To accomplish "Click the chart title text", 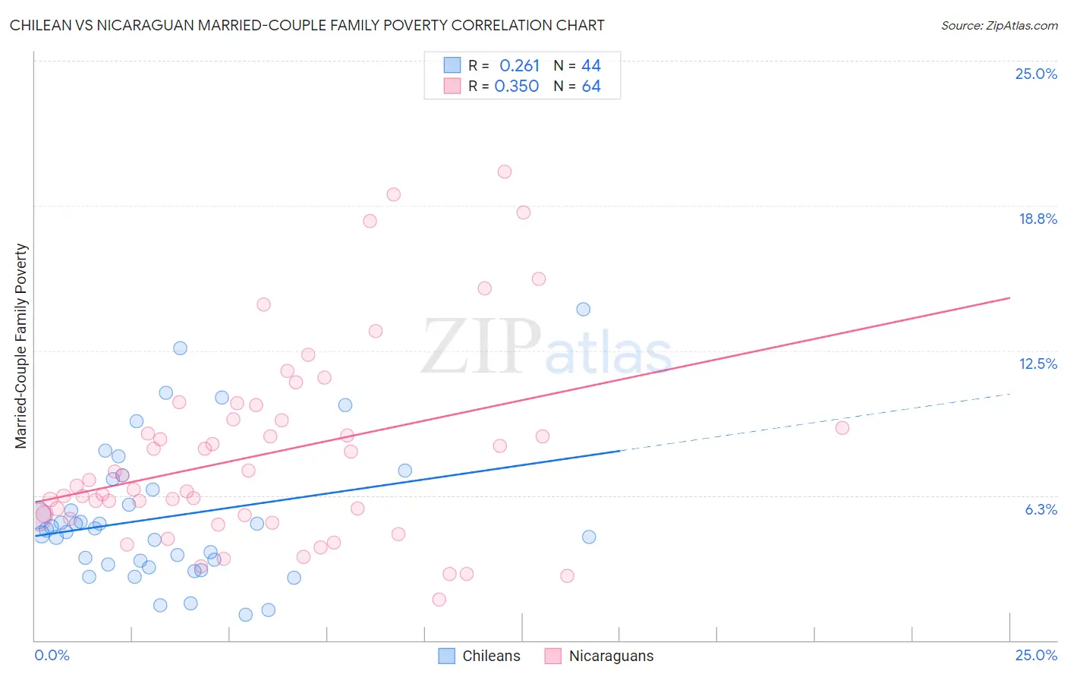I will tap(307, 25).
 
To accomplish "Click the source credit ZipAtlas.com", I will tap(999, 25).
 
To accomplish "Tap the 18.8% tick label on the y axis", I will tap(1037, 219).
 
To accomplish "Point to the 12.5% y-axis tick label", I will tap(1037, 364).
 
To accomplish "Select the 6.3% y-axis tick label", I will tap(1040, 509).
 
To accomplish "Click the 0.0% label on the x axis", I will tap(52, 655).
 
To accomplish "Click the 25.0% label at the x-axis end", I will tap(1036, 655).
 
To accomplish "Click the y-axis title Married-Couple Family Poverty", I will tap(21, 346).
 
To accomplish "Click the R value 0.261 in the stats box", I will tap(519, 66).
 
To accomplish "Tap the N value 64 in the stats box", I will tap(591, 87).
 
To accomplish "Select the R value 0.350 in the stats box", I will tap(517, 87).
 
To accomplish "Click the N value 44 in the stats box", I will tap(591, 66).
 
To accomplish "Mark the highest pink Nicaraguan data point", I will tap(505, 172).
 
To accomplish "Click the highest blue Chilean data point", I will tap(583, 309).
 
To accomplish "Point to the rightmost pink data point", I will tap(842, 427).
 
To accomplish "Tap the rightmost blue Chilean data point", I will tap(589, 537).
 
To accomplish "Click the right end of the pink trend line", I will tap(1010, 298).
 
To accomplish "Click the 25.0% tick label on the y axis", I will tap(1036, 74).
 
